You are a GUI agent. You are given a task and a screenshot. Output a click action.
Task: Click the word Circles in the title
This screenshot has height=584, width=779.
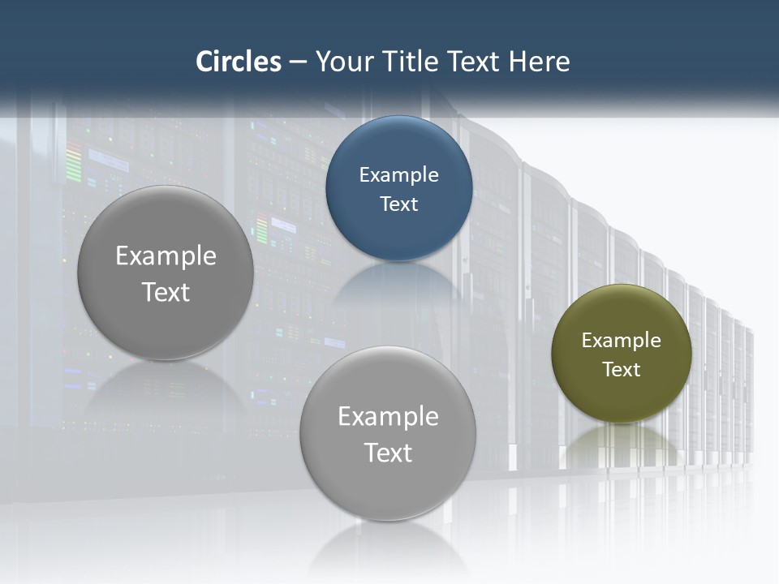tap(239, 62)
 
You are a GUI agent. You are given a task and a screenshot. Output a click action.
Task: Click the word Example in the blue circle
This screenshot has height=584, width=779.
tap(399, 174)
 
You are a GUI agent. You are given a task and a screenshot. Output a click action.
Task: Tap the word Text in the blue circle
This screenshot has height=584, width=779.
tap(399, 204)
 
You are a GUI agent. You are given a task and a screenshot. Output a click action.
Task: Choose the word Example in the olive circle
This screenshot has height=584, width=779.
tap(622, 341)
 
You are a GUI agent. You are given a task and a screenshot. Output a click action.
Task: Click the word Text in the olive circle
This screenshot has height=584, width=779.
tap(622, 370)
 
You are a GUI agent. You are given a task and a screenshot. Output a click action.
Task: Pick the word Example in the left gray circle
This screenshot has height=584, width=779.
tap(166, 256)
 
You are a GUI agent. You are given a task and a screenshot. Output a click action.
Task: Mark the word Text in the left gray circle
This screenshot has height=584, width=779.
tap(166, 292)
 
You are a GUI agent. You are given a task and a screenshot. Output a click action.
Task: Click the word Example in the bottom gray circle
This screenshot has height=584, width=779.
tap(388, 417)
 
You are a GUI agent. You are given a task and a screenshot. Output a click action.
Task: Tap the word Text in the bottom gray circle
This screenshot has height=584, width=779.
tap(388, 453)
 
